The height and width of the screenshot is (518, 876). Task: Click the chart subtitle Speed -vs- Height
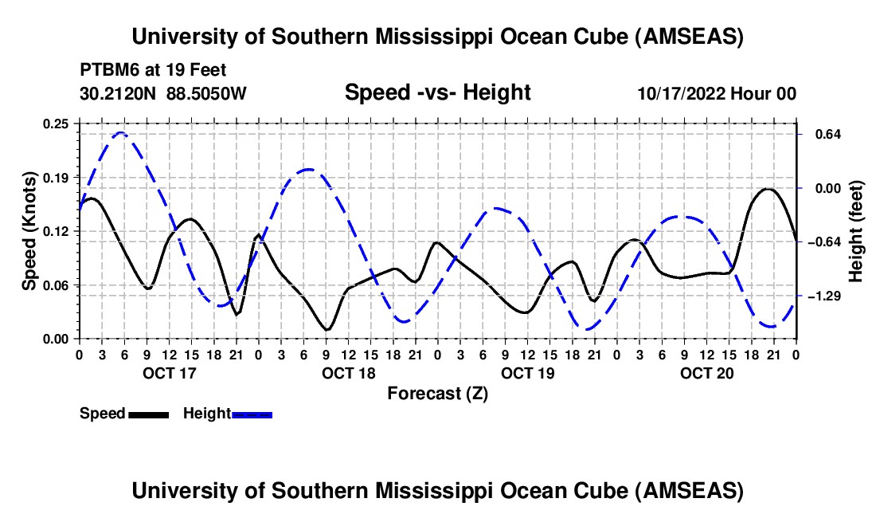[x=437, y=92]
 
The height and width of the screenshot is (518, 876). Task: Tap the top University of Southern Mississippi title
[x=437, y=37]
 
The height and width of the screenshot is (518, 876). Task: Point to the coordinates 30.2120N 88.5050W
[x=163, y=93]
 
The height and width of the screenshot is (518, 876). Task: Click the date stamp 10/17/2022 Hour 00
[x=717, y=93]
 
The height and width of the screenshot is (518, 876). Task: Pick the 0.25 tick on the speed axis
[x=57, y=124]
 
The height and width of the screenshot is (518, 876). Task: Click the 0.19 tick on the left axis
[x=57, y=177]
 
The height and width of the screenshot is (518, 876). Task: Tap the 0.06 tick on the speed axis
[x=57, y=285]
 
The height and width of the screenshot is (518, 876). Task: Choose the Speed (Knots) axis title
[x=29, y=231]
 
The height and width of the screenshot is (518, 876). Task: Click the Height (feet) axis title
[x=856, y=231]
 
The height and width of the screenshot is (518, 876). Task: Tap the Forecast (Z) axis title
[x=437, y=393]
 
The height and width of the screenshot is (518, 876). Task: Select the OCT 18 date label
[x=347, y=373]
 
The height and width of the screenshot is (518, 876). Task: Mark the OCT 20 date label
[x=706, y=373]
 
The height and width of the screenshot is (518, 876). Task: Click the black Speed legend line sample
[x=148, y=414]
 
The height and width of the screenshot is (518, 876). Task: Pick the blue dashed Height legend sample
[x=252, y=414]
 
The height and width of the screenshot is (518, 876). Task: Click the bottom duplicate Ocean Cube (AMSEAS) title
[x=437, y=491]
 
